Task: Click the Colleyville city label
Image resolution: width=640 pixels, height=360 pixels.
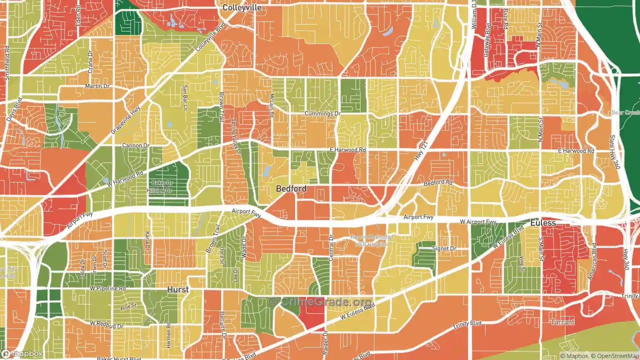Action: (x=241, y=7)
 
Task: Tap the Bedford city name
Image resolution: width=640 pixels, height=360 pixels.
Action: (x=291, y=188)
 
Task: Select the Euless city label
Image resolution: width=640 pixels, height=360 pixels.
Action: (x=543, y=223)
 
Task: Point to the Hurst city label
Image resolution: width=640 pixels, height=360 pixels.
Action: (x=177, y=290)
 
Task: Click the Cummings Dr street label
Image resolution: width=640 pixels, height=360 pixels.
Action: (x=322, y=113)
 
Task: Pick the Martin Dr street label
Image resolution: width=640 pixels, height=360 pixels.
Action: (x=97, y=86)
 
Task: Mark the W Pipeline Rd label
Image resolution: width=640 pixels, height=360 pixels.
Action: (x=107, y=288)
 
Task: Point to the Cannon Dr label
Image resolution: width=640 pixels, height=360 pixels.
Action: (x=136, y=145)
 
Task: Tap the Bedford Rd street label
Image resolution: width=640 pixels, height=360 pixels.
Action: (x=437, y=183)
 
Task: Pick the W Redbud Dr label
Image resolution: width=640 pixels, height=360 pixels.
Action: (x=107, y=324)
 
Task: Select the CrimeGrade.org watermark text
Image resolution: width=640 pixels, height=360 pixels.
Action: (x=320, y=302)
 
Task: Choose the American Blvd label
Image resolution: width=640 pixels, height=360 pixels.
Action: (x=593, y=261)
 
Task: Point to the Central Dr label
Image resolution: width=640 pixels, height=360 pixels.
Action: (x=330, y=250)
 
